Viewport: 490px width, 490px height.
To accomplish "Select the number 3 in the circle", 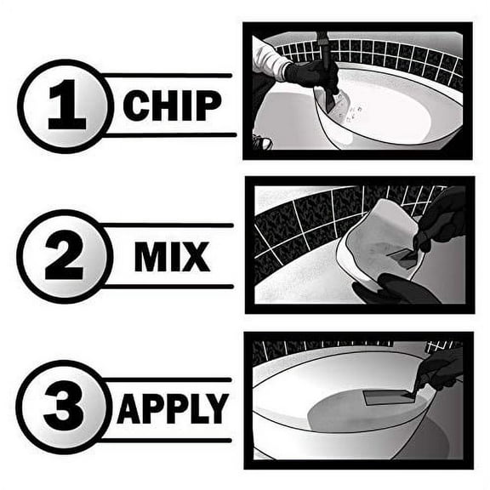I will [65, 408].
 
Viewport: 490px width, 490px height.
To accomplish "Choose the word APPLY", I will [172, 409].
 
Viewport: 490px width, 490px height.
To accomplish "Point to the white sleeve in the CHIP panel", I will [271, 60].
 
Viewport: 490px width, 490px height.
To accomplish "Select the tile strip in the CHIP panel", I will [391, 51].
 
